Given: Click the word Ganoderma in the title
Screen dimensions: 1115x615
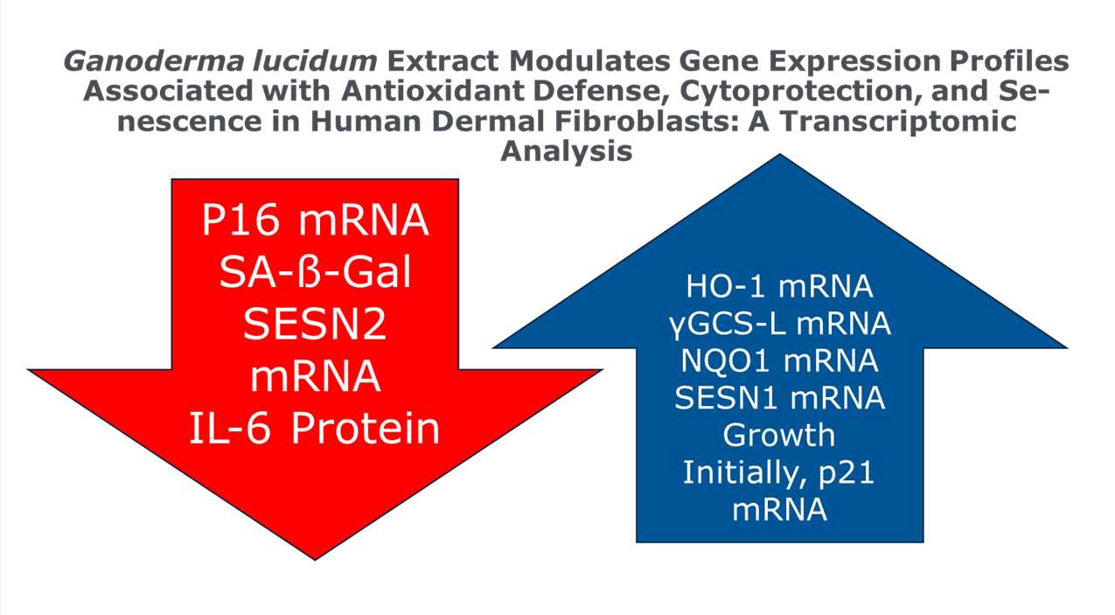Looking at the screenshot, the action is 153,62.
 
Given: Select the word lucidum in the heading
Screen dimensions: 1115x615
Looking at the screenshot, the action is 315,60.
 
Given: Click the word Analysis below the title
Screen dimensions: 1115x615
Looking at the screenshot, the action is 567,151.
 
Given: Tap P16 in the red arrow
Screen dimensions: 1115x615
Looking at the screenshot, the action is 240,220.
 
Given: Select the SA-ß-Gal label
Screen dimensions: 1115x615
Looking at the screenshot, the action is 315,272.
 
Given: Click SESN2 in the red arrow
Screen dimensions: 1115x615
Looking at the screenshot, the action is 315,324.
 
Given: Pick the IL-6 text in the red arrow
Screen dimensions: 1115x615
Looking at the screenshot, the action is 230,429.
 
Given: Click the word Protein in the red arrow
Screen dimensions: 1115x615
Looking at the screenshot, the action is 366,429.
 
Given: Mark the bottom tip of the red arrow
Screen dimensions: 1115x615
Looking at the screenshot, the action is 315,560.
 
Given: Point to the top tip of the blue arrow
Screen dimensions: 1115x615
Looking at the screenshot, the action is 780,154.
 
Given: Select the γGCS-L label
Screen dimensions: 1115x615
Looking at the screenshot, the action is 728,325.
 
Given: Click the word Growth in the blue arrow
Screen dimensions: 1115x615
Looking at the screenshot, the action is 779,436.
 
